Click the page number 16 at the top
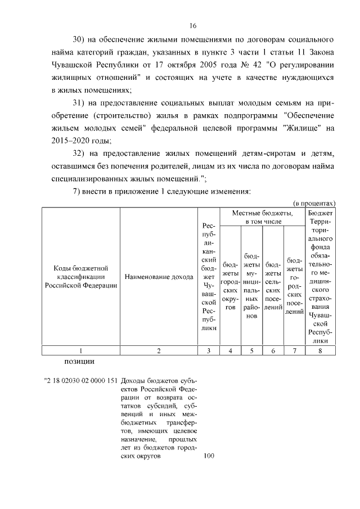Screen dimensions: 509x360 pos(193,26)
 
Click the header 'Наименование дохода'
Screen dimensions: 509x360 pos(159,276)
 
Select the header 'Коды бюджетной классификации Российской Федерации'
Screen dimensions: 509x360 pos(81,276)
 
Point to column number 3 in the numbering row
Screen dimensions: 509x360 pos(209,351)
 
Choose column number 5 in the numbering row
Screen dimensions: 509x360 pos(251,351)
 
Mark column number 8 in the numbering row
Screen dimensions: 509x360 pos(319,351)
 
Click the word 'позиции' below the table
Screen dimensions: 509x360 pos(75,361)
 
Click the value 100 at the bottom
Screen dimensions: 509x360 pos(209,457)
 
